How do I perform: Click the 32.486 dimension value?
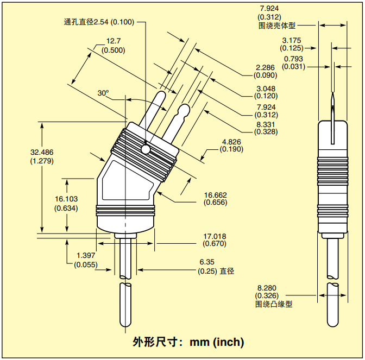coord(42,153)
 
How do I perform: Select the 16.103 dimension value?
coord(66,199)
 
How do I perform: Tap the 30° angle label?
coord(103,93)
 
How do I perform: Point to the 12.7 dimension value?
coord(113,41)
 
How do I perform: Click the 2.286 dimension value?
coord(266,67)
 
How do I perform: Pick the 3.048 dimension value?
coord(266,89)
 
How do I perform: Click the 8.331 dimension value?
coord(266,124)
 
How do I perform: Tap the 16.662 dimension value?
coord(215,195)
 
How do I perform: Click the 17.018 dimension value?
coord(215,236)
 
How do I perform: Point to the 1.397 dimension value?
coord(85,255)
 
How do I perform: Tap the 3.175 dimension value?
coord(292,40)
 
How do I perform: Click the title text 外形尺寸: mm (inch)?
coord(188,343)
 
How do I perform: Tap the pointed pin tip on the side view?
coord(332,97)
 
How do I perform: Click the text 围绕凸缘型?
coord(274,304)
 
